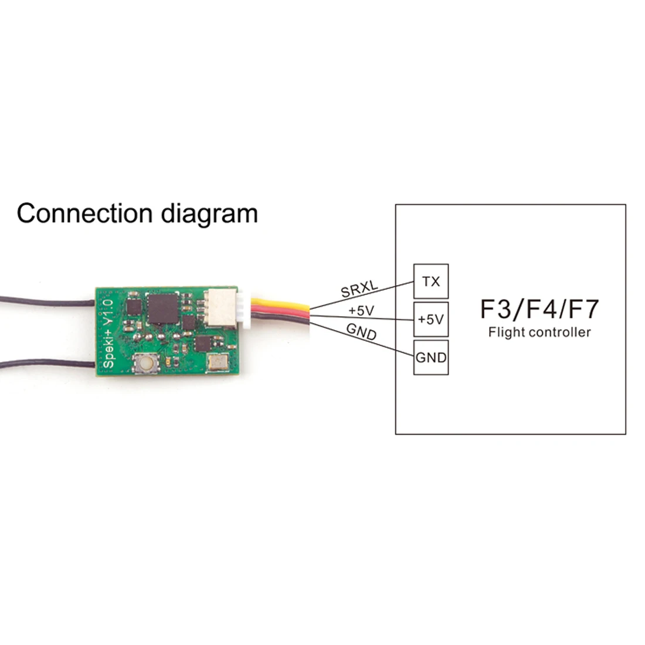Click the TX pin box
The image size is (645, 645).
coord(431,281)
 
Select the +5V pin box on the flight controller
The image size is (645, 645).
coord(431,320)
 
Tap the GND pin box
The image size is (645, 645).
coord(431,357)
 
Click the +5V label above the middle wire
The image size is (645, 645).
coord(361,310)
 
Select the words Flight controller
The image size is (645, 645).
coord(539,332)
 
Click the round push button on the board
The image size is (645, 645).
coord(144,365)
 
